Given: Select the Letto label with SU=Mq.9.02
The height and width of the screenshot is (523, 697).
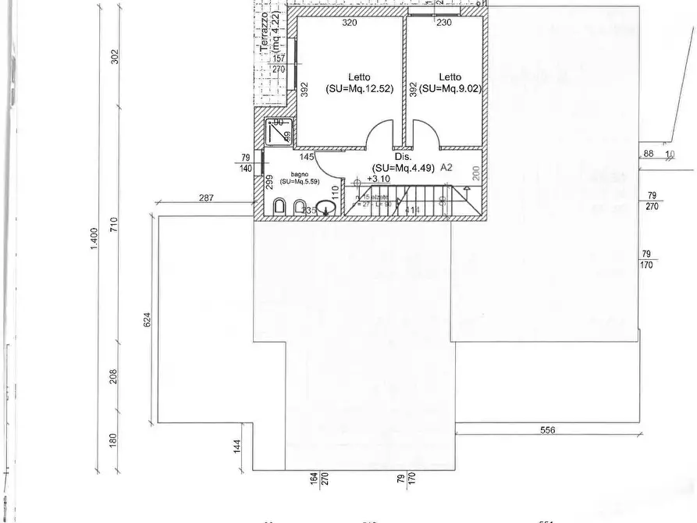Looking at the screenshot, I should (450, 83).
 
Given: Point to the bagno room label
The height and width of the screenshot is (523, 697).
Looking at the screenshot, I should (300, 178).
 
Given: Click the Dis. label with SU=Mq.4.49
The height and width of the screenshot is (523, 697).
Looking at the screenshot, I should (403, 162).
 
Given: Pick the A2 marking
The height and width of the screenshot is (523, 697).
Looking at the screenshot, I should (447, 167).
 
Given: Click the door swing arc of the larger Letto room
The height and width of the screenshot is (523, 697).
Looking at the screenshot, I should (381, 134).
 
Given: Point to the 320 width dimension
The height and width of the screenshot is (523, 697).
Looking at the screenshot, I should (349, 23).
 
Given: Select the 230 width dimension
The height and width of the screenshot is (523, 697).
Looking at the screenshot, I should (444, 23).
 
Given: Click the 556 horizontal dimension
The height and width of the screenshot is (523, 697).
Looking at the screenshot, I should (546, 430).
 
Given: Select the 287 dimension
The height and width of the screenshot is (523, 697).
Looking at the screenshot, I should (206, 198).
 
